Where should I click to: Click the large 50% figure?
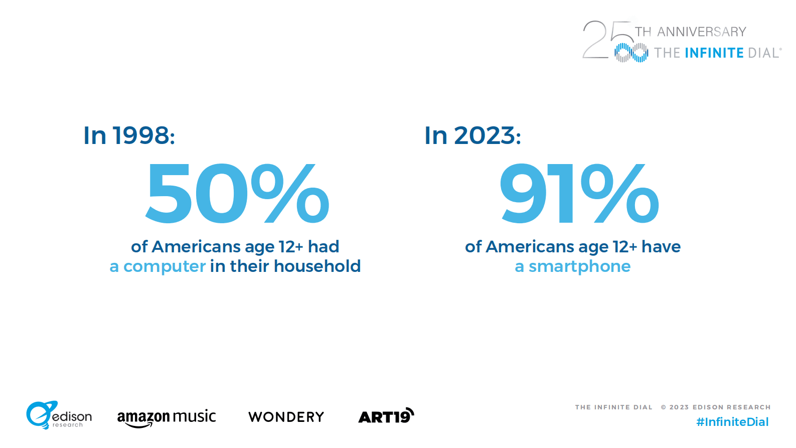pos(237,194)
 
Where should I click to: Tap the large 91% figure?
pos(579,194)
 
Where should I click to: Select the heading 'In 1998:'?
pos(129,135)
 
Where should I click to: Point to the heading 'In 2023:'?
pos(472,135)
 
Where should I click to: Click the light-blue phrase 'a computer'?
pos(157,266)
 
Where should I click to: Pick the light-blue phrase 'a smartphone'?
pos(572,266)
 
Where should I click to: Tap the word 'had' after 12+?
pos(324,247)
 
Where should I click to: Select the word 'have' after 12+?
pos(661,247)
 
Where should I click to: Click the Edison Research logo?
pos(59,415)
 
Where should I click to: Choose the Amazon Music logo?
pos(166,417)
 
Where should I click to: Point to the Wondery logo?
pos(286,417)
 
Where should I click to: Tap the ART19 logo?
pos(386,416)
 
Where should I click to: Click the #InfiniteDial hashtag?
pos(732,422)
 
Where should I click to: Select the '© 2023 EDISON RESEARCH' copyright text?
pos(716,407)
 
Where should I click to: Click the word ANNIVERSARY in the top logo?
pos(702,32)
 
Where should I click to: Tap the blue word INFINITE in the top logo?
pos(714,53)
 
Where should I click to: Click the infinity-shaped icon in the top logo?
pos(631,53)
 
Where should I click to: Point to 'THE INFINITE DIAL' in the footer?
pos(613,407)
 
